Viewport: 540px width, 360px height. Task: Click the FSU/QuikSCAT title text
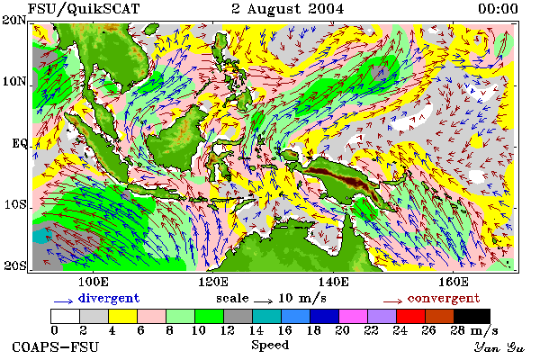(84, 9)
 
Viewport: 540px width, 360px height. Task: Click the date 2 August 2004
(288, 9)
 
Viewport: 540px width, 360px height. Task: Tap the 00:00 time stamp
(498, 9)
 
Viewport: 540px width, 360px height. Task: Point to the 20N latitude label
(14, 20)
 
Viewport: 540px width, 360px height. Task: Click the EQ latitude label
(19, 143)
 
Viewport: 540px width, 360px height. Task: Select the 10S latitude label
(15, 204)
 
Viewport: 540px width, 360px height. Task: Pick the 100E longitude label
(94, 282)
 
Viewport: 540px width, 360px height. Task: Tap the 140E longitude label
(333, 282)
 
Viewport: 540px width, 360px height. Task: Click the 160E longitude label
(454, 282)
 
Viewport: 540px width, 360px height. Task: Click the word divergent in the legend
(109, 298)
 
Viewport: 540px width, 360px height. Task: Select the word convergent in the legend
(444, 298)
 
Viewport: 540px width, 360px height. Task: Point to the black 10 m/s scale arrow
(263, 301)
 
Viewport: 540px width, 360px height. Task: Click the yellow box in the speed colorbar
(123, 316)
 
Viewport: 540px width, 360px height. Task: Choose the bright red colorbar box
(410, 316)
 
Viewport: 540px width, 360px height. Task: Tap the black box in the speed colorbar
(472, 316)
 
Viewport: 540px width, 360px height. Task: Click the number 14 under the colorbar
(256, 330)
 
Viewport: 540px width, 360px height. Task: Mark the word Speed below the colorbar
(270, 346)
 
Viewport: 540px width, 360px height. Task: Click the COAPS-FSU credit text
(55, 346)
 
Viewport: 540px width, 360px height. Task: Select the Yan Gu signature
(499, 347)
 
